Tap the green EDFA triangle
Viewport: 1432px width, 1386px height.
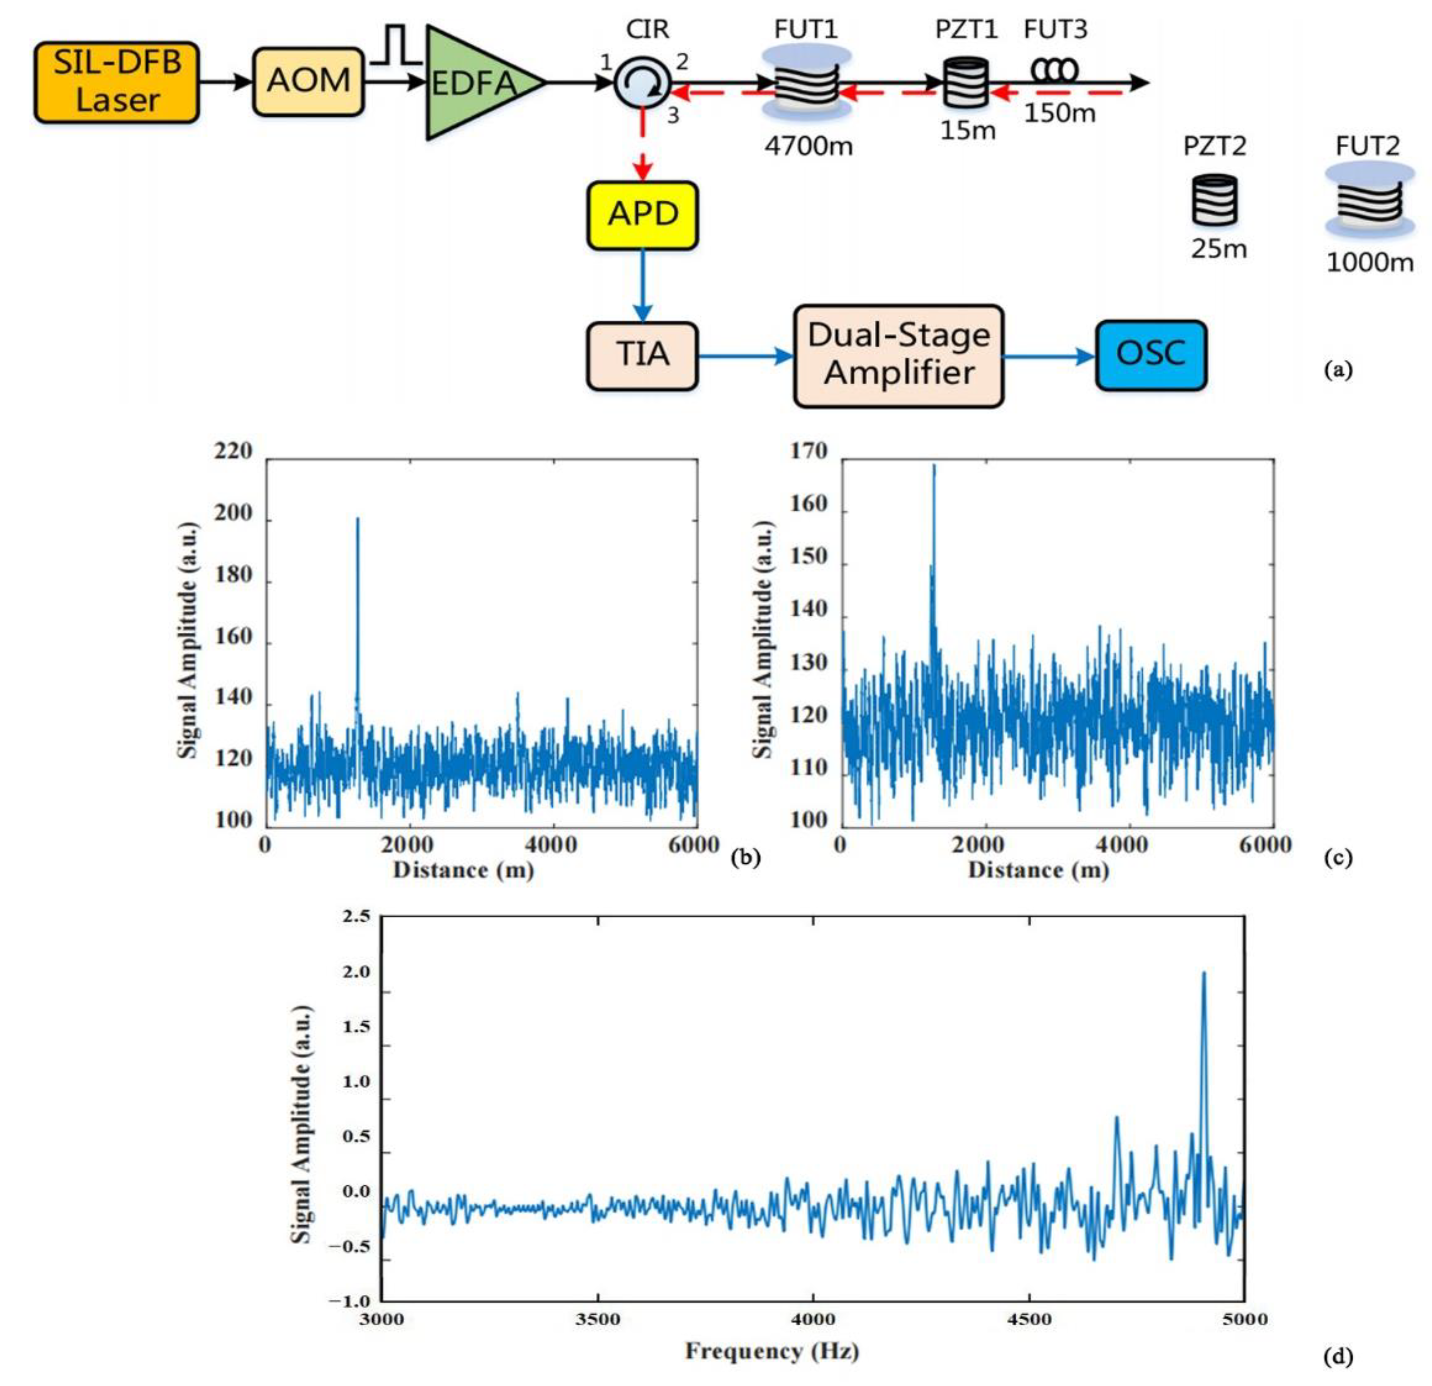tap(475, 82)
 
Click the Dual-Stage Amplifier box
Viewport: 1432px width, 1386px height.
tap(899, 356)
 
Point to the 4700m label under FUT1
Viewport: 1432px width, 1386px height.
tap(808, 147)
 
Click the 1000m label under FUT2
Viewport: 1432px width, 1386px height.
tap(1369, 262)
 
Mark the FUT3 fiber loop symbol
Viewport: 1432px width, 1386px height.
tap(1054, 70)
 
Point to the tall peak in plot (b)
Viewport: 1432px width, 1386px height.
tap(357, 520)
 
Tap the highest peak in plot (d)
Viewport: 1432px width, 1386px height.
tap(1203, 974)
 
